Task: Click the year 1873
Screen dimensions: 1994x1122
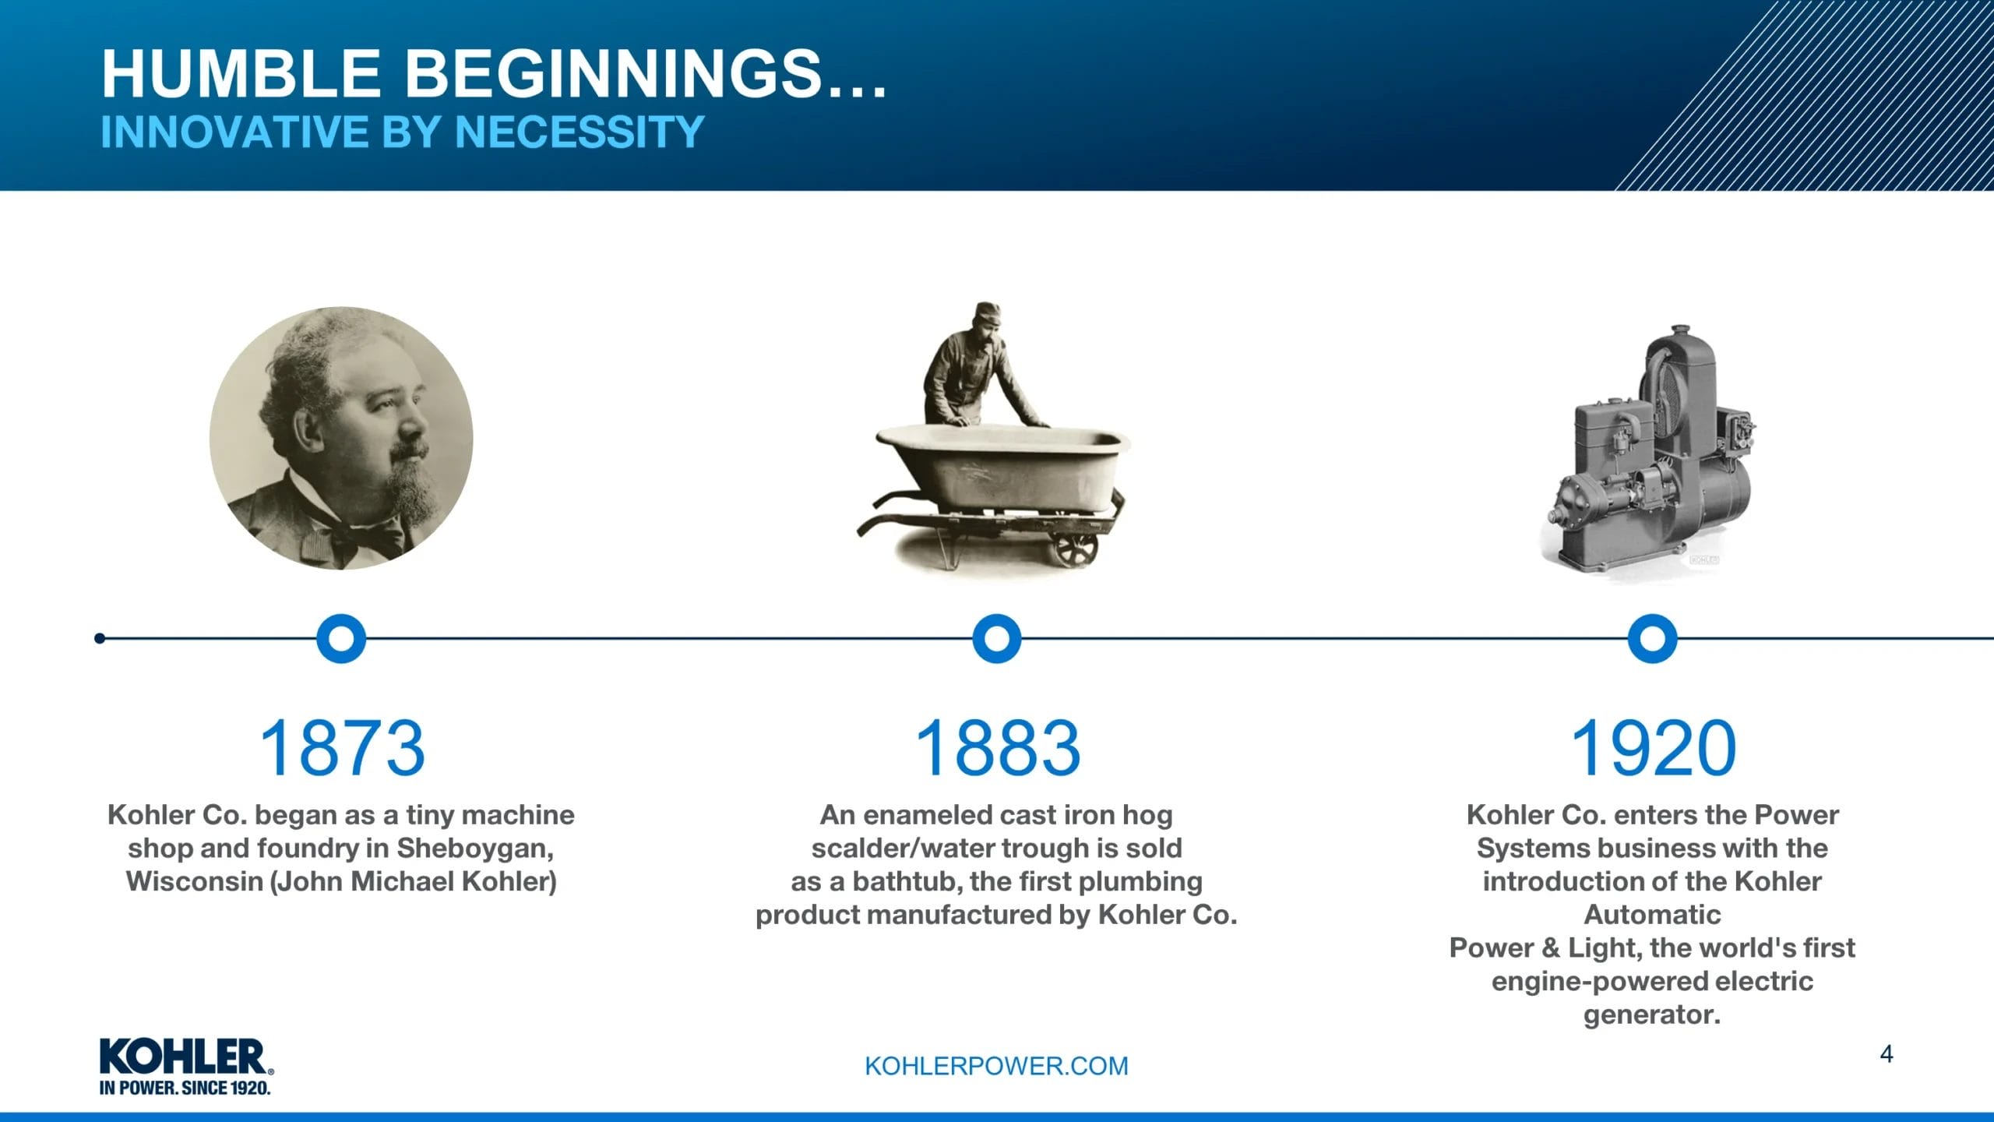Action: (342, 748)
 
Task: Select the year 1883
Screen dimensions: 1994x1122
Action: (998, 748)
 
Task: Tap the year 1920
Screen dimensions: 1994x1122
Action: (1653, 748)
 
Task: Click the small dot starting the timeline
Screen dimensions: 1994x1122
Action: (100, 639)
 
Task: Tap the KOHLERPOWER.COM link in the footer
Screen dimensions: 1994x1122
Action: (996, 1066)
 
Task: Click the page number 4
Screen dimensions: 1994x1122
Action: (1886, 1054)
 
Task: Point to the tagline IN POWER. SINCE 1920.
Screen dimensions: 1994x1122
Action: (185, 1088)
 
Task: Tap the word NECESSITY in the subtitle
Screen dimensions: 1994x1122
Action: (580, 132)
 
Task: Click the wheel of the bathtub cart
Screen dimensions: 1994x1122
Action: (1076, 548)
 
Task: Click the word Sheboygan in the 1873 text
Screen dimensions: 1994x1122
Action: (474, 849)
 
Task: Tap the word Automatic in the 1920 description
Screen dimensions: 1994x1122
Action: (1652, 915)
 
